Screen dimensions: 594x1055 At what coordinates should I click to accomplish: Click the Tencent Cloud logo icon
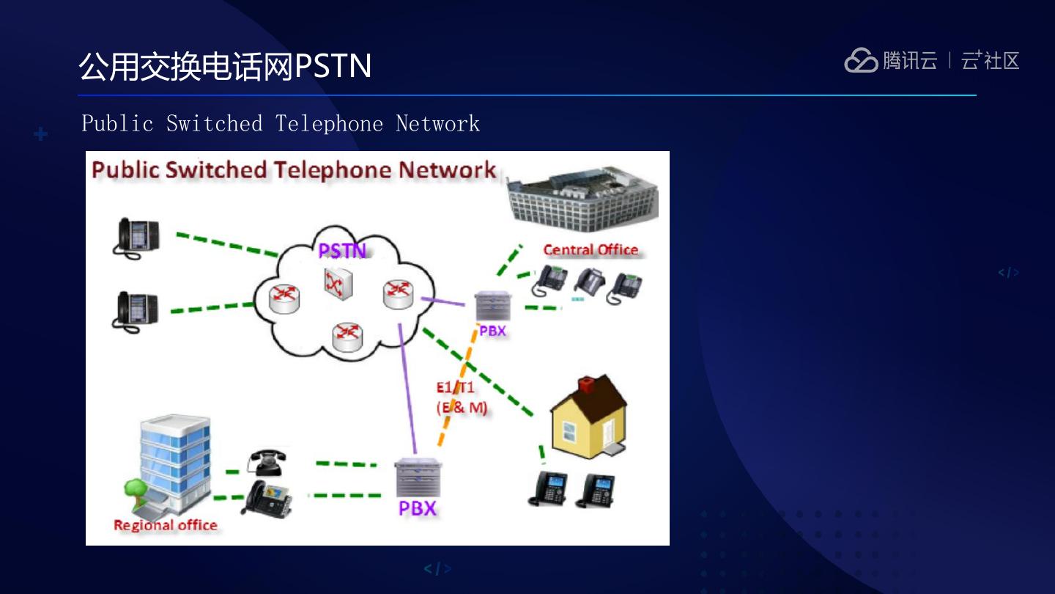click(861, 60)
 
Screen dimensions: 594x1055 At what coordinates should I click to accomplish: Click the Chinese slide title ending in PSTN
click(225, 67)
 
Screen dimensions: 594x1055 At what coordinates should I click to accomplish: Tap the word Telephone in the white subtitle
click(329, 123)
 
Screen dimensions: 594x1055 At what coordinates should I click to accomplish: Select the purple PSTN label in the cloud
click(341, 251)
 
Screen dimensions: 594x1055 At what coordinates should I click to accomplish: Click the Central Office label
click(591, 250)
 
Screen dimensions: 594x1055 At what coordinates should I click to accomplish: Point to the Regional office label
click(166, 525)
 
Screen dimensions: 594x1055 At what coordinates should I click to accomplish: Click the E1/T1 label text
click(455, 388)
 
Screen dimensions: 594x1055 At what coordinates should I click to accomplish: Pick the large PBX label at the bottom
click(417, 508)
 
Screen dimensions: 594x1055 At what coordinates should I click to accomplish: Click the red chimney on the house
click(586, 385)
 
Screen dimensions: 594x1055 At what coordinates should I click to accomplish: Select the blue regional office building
click(174, 460)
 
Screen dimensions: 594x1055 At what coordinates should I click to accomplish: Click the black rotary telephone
click(265, 462)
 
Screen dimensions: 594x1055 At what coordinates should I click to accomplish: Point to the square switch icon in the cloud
click(338, 283)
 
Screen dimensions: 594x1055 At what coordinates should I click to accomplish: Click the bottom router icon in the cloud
click(347, 336)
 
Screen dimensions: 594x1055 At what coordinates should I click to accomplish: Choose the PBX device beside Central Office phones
click(491, 306)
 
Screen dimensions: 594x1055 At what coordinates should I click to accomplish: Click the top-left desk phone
click(136, 237)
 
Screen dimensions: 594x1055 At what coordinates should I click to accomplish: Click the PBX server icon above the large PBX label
click(418, 477)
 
